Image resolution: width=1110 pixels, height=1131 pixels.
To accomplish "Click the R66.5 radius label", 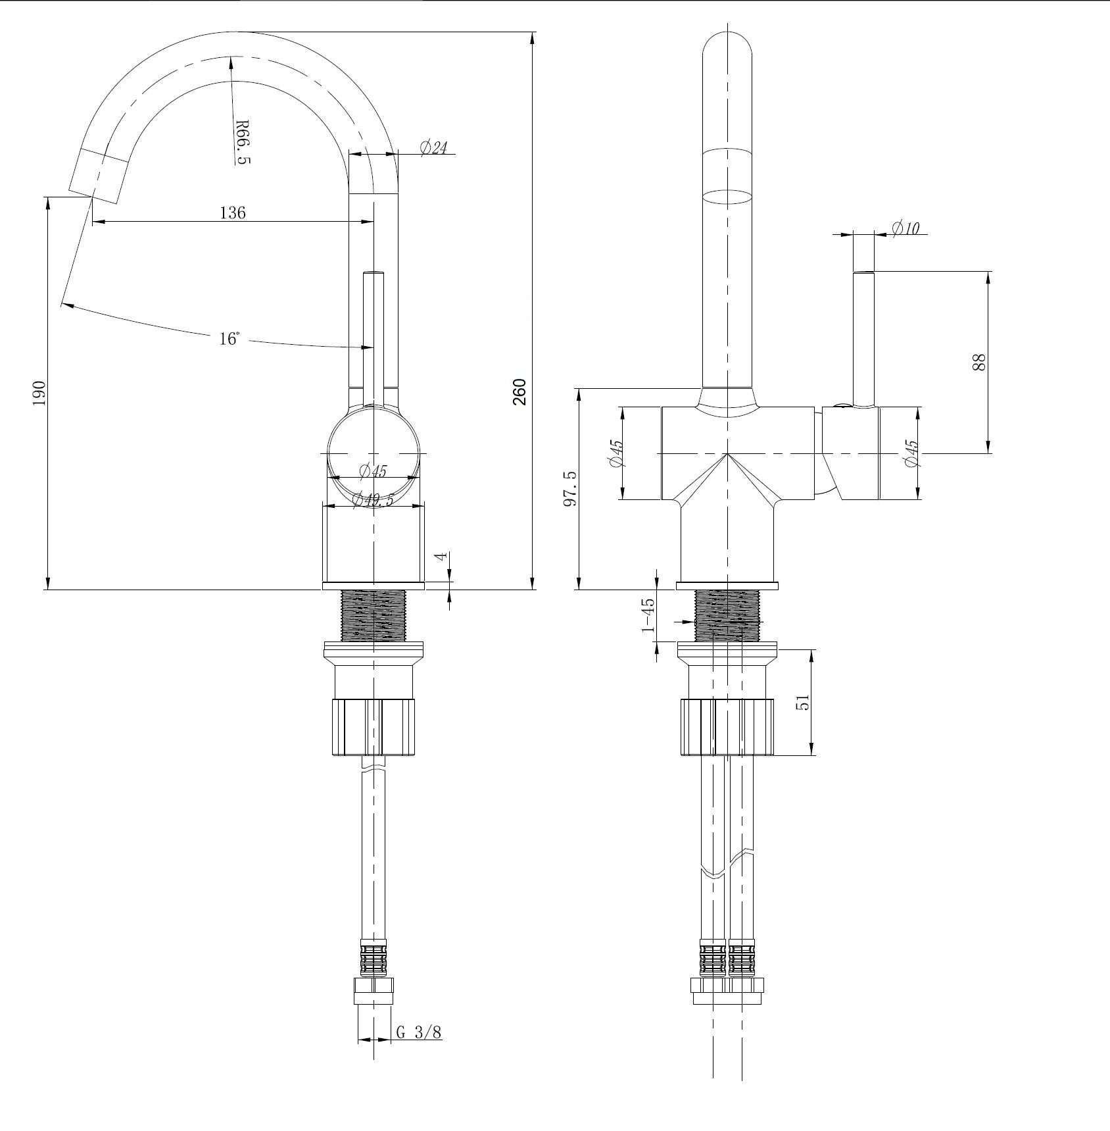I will coord(242,142).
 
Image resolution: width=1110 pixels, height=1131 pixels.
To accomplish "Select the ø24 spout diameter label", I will coord(432,147).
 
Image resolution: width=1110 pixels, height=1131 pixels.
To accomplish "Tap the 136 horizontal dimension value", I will coord(232,213).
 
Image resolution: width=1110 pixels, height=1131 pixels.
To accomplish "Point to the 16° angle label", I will coord(229,339).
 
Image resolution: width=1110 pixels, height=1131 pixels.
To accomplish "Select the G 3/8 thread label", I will coord(419,1033).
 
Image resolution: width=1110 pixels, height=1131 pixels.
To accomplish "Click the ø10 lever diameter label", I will coord(905,228).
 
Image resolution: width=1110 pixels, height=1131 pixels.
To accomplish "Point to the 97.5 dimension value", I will coord(570,488).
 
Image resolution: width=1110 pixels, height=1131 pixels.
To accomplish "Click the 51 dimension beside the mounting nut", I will coord(803,703).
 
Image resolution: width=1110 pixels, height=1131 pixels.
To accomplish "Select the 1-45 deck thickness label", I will coord(648,615).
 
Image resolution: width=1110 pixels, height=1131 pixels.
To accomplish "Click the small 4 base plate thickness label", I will coord(443,556).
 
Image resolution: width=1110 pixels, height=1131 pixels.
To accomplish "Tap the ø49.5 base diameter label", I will coord(372,501).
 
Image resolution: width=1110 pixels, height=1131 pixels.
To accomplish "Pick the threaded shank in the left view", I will coord(373,615).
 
